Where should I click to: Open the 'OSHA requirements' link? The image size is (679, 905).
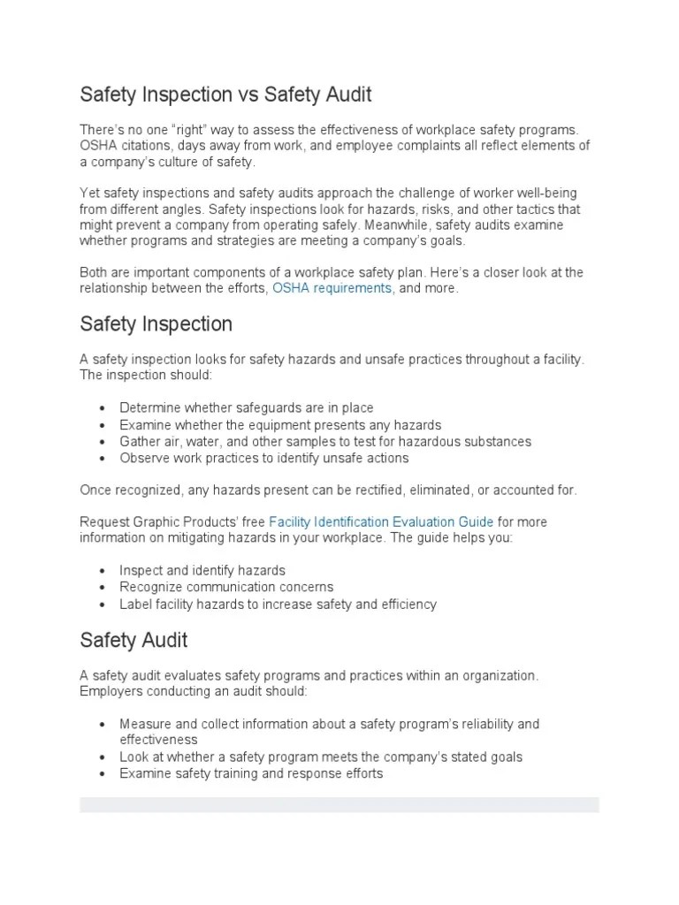332,289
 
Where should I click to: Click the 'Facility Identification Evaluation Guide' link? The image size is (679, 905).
381,522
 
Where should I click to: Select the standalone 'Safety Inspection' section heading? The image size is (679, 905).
156,324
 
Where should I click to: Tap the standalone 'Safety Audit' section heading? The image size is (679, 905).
134,639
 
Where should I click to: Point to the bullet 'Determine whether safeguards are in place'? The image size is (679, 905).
247,407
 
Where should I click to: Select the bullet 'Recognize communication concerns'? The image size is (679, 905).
226,588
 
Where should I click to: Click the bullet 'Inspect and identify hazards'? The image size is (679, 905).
202,571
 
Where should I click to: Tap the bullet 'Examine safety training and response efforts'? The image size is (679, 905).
251,773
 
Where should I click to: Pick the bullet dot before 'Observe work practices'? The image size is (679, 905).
103,459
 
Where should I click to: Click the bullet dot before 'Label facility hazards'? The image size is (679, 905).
103,605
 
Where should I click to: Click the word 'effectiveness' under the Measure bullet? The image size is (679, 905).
159,740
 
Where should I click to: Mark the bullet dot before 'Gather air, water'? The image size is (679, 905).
103,442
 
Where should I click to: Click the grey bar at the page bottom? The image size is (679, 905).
339,804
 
